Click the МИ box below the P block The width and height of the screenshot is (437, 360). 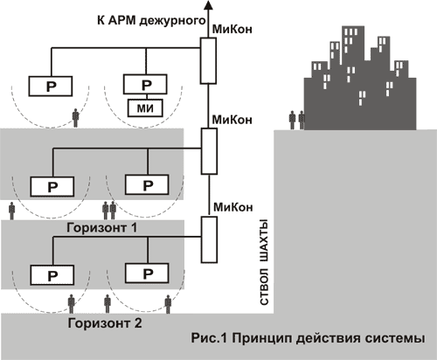(145, 108)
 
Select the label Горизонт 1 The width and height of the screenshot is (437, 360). (101, 228)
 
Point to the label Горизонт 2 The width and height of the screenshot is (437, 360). (105, 323)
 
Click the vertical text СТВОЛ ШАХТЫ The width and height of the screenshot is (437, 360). (264, 264)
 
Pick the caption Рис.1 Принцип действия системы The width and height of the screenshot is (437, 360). (308, 339)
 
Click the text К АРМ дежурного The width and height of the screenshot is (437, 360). (151, 21)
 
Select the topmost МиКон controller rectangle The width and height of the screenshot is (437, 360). (208, 60)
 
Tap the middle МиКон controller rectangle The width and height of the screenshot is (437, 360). (209, 151)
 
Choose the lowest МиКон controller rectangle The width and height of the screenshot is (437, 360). (209, 239)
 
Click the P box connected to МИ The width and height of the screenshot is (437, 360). (145, 84)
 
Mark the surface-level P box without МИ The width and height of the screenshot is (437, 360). (51, 87)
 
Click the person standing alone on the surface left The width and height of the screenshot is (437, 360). (76, 118)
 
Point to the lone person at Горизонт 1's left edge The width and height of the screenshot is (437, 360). (11, 211)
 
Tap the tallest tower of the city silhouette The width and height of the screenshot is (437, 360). (353, 46)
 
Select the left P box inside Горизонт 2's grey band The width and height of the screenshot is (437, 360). (52, 275)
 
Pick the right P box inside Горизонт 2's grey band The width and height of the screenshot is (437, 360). (147, 273)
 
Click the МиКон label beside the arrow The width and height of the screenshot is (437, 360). (232, 30)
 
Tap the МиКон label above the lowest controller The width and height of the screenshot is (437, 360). (233, 207)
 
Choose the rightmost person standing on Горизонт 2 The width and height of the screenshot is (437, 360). (168, 304)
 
